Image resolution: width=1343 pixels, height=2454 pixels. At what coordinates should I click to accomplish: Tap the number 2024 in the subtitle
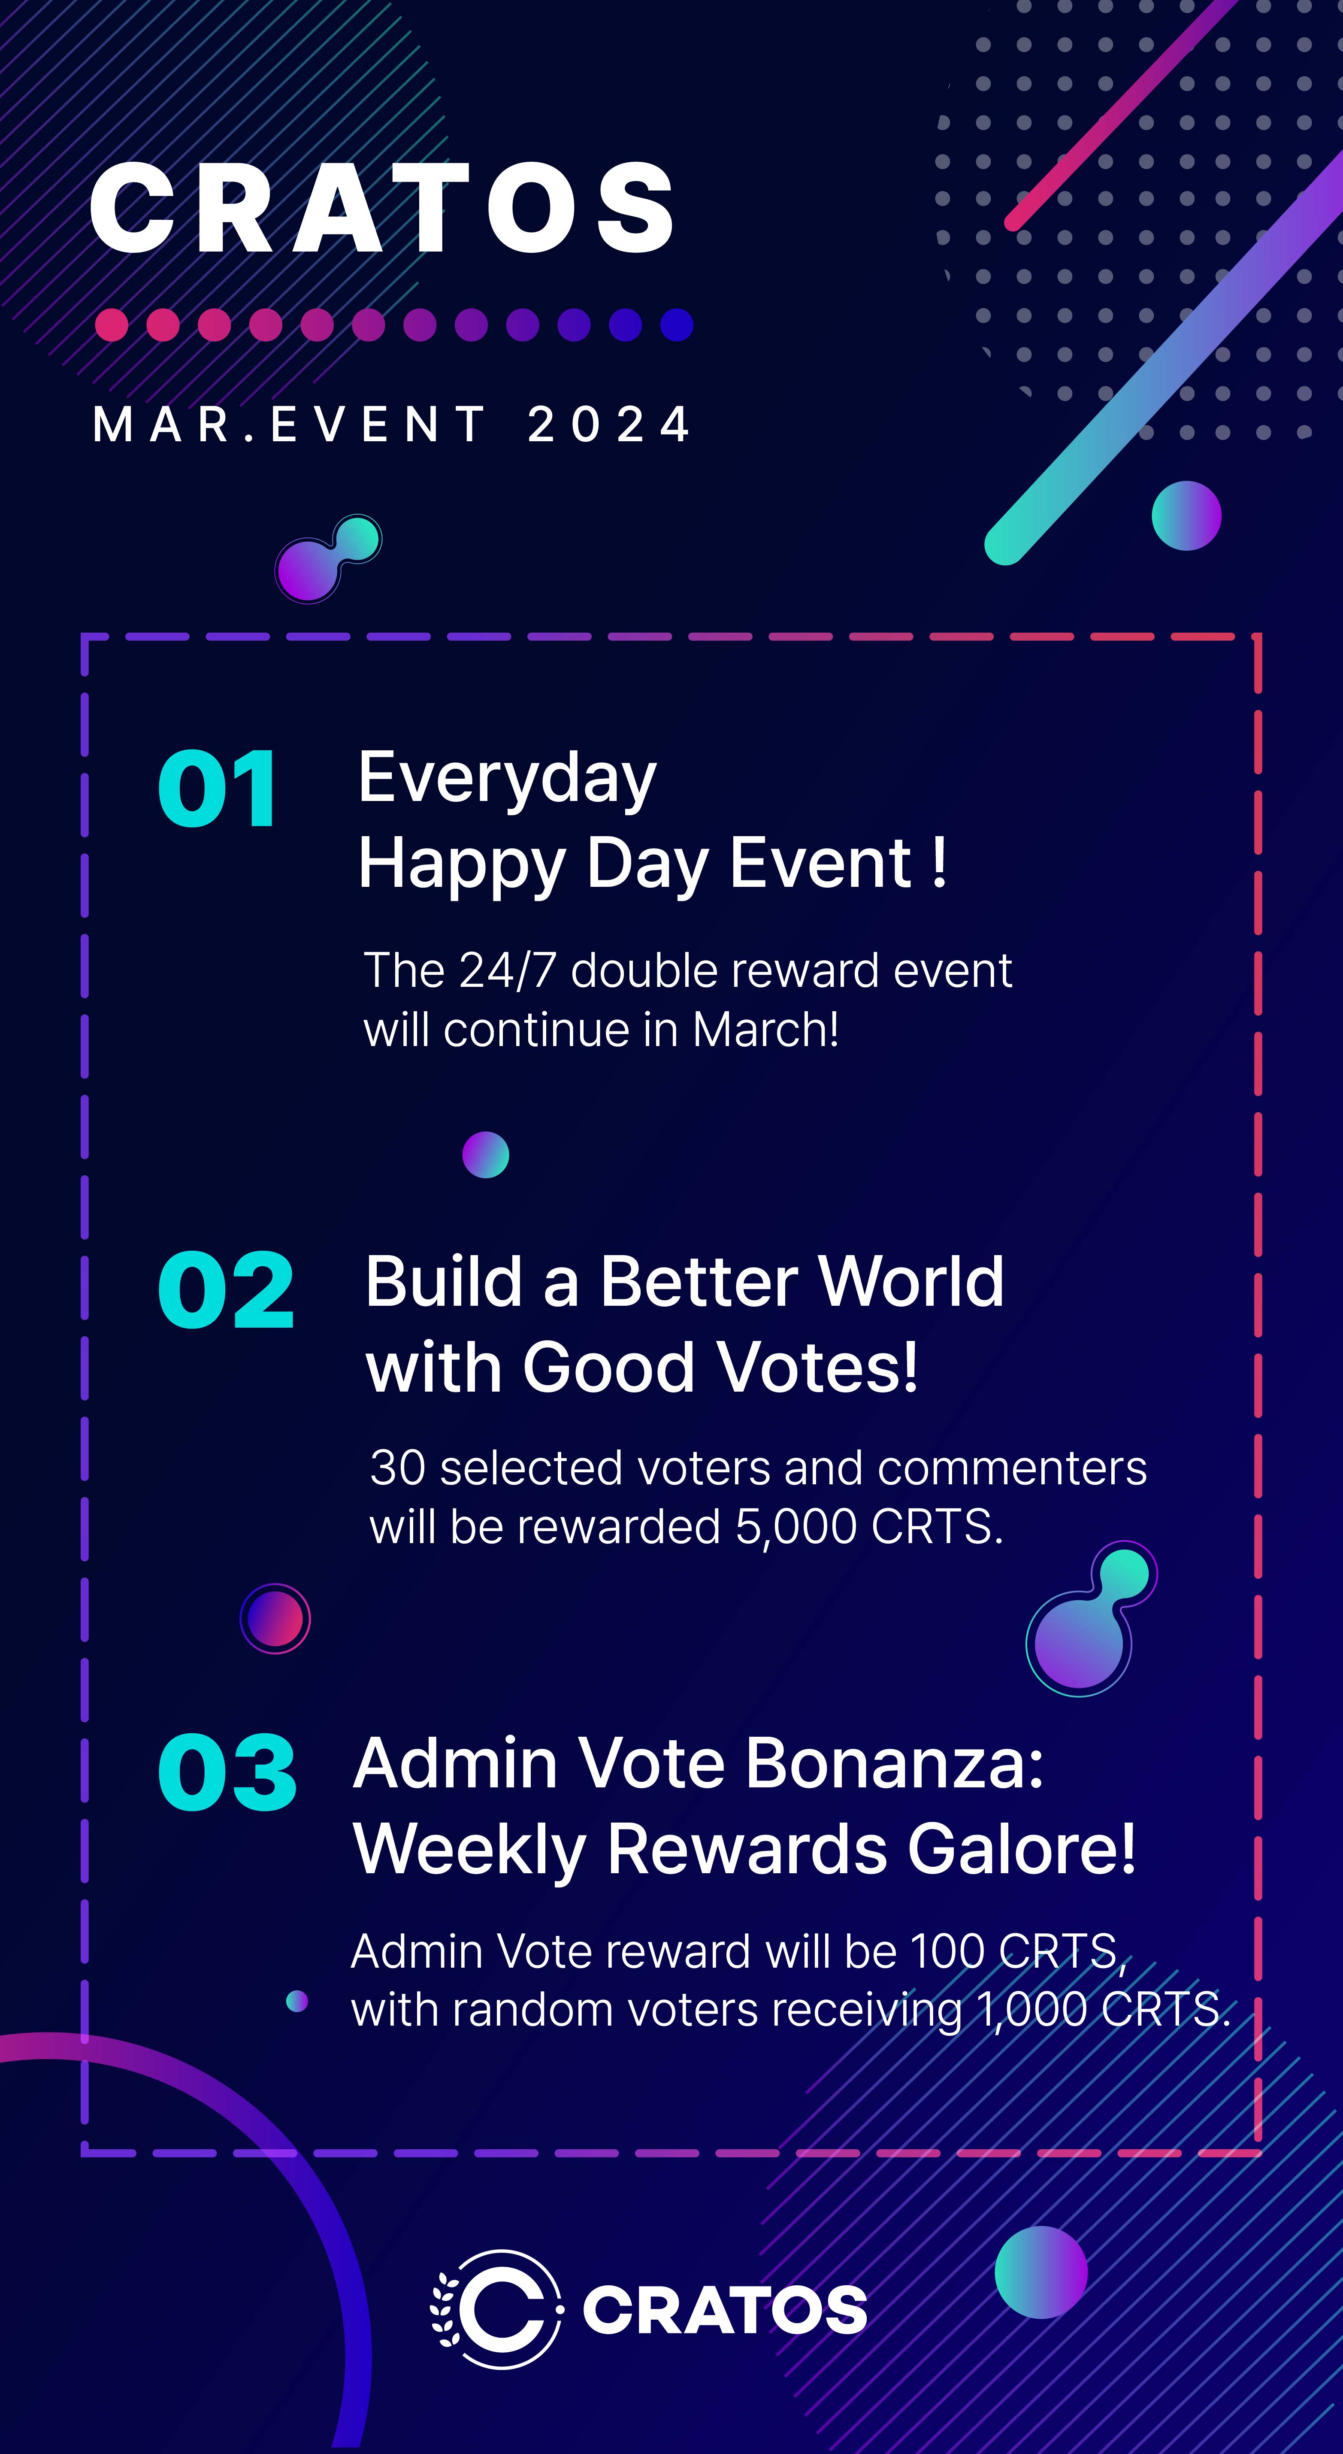(610, 424)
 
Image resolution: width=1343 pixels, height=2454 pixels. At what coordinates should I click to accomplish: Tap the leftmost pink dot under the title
(112, 325)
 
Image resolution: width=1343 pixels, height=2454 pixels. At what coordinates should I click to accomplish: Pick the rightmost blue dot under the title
(676, 325)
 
